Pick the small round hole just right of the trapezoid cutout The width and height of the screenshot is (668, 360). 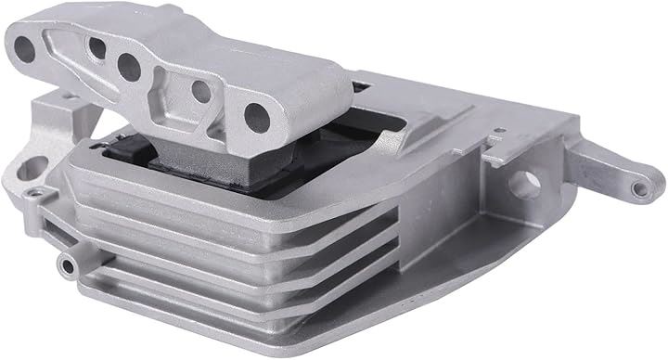[199, 91]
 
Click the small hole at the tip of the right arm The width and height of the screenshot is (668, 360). [636, 189]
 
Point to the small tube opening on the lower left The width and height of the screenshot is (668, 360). [67, 264]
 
